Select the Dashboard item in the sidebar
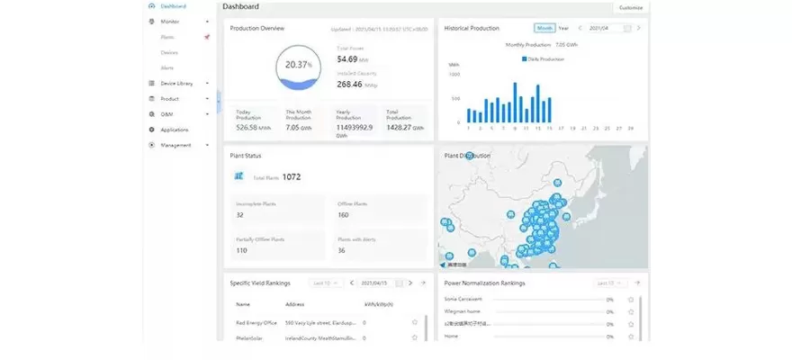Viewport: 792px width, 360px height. [x=173, y=6]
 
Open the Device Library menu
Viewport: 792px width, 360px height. [x=176, y=83]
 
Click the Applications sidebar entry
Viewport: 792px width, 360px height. [x=175, y=130]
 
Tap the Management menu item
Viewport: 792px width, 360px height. [x=175, y=145]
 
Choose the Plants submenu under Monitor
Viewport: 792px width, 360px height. [x=167, y=37]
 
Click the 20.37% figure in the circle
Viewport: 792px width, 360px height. [x=298, y=65]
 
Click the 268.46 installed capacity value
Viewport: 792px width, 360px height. [x=349, y=84]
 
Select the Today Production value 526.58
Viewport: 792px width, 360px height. [x=248, y=128]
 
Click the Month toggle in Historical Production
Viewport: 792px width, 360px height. [x=544, y=28]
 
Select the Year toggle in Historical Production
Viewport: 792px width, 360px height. [x=563, y=28]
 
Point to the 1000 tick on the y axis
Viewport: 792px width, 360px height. [x=454, y=76]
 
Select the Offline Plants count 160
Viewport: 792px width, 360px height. [x=344, y=215]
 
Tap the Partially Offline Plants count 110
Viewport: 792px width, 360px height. [x=241, y=250]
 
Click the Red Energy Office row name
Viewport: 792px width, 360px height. [x=255, y=321]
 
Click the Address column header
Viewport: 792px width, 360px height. [x=295, y=304]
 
